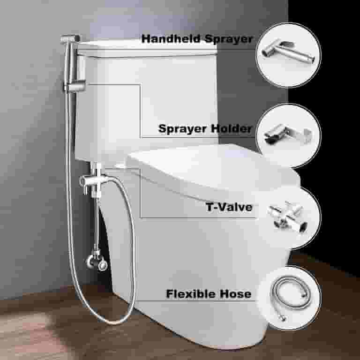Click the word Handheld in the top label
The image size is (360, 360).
point(171,38)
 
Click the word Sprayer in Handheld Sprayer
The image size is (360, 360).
point(228,39)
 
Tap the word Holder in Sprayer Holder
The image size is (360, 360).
point(232,128)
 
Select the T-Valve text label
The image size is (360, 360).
point(229,207)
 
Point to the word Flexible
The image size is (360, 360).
point(191,293)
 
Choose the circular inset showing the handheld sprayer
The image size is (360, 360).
point(289,55)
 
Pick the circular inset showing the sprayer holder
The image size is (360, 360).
point(289,136)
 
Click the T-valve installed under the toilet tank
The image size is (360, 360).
point(92,182)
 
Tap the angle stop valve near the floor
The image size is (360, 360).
point(97,261)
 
